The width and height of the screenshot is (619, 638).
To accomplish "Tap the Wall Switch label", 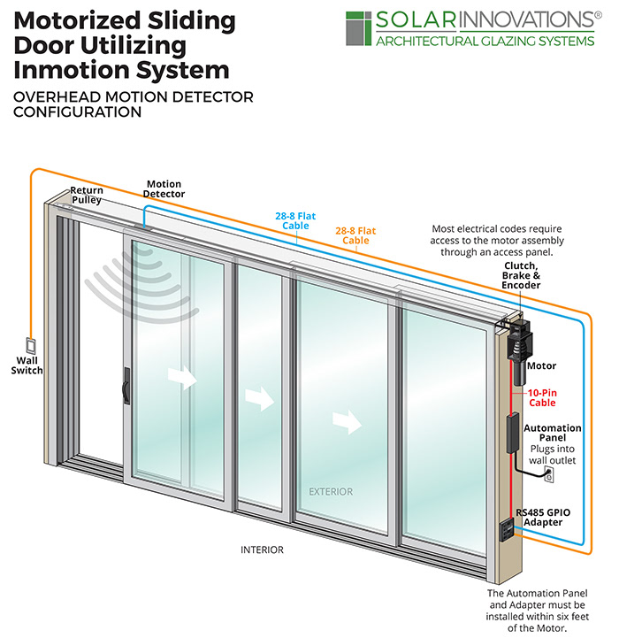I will point(27,365).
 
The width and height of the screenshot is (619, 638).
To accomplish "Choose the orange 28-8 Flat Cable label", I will point(355,235).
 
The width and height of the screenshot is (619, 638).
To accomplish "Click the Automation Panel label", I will point(553,434).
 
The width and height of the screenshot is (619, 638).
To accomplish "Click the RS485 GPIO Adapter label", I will point(554,516).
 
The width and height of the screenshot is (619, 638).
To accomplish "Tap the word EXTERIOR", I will point(330,491).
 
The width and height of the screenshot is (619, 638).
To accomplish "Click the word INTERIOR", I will point(263,550).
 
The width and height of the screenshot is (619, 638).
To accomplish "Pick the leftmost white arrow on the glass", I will point(183,378).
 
